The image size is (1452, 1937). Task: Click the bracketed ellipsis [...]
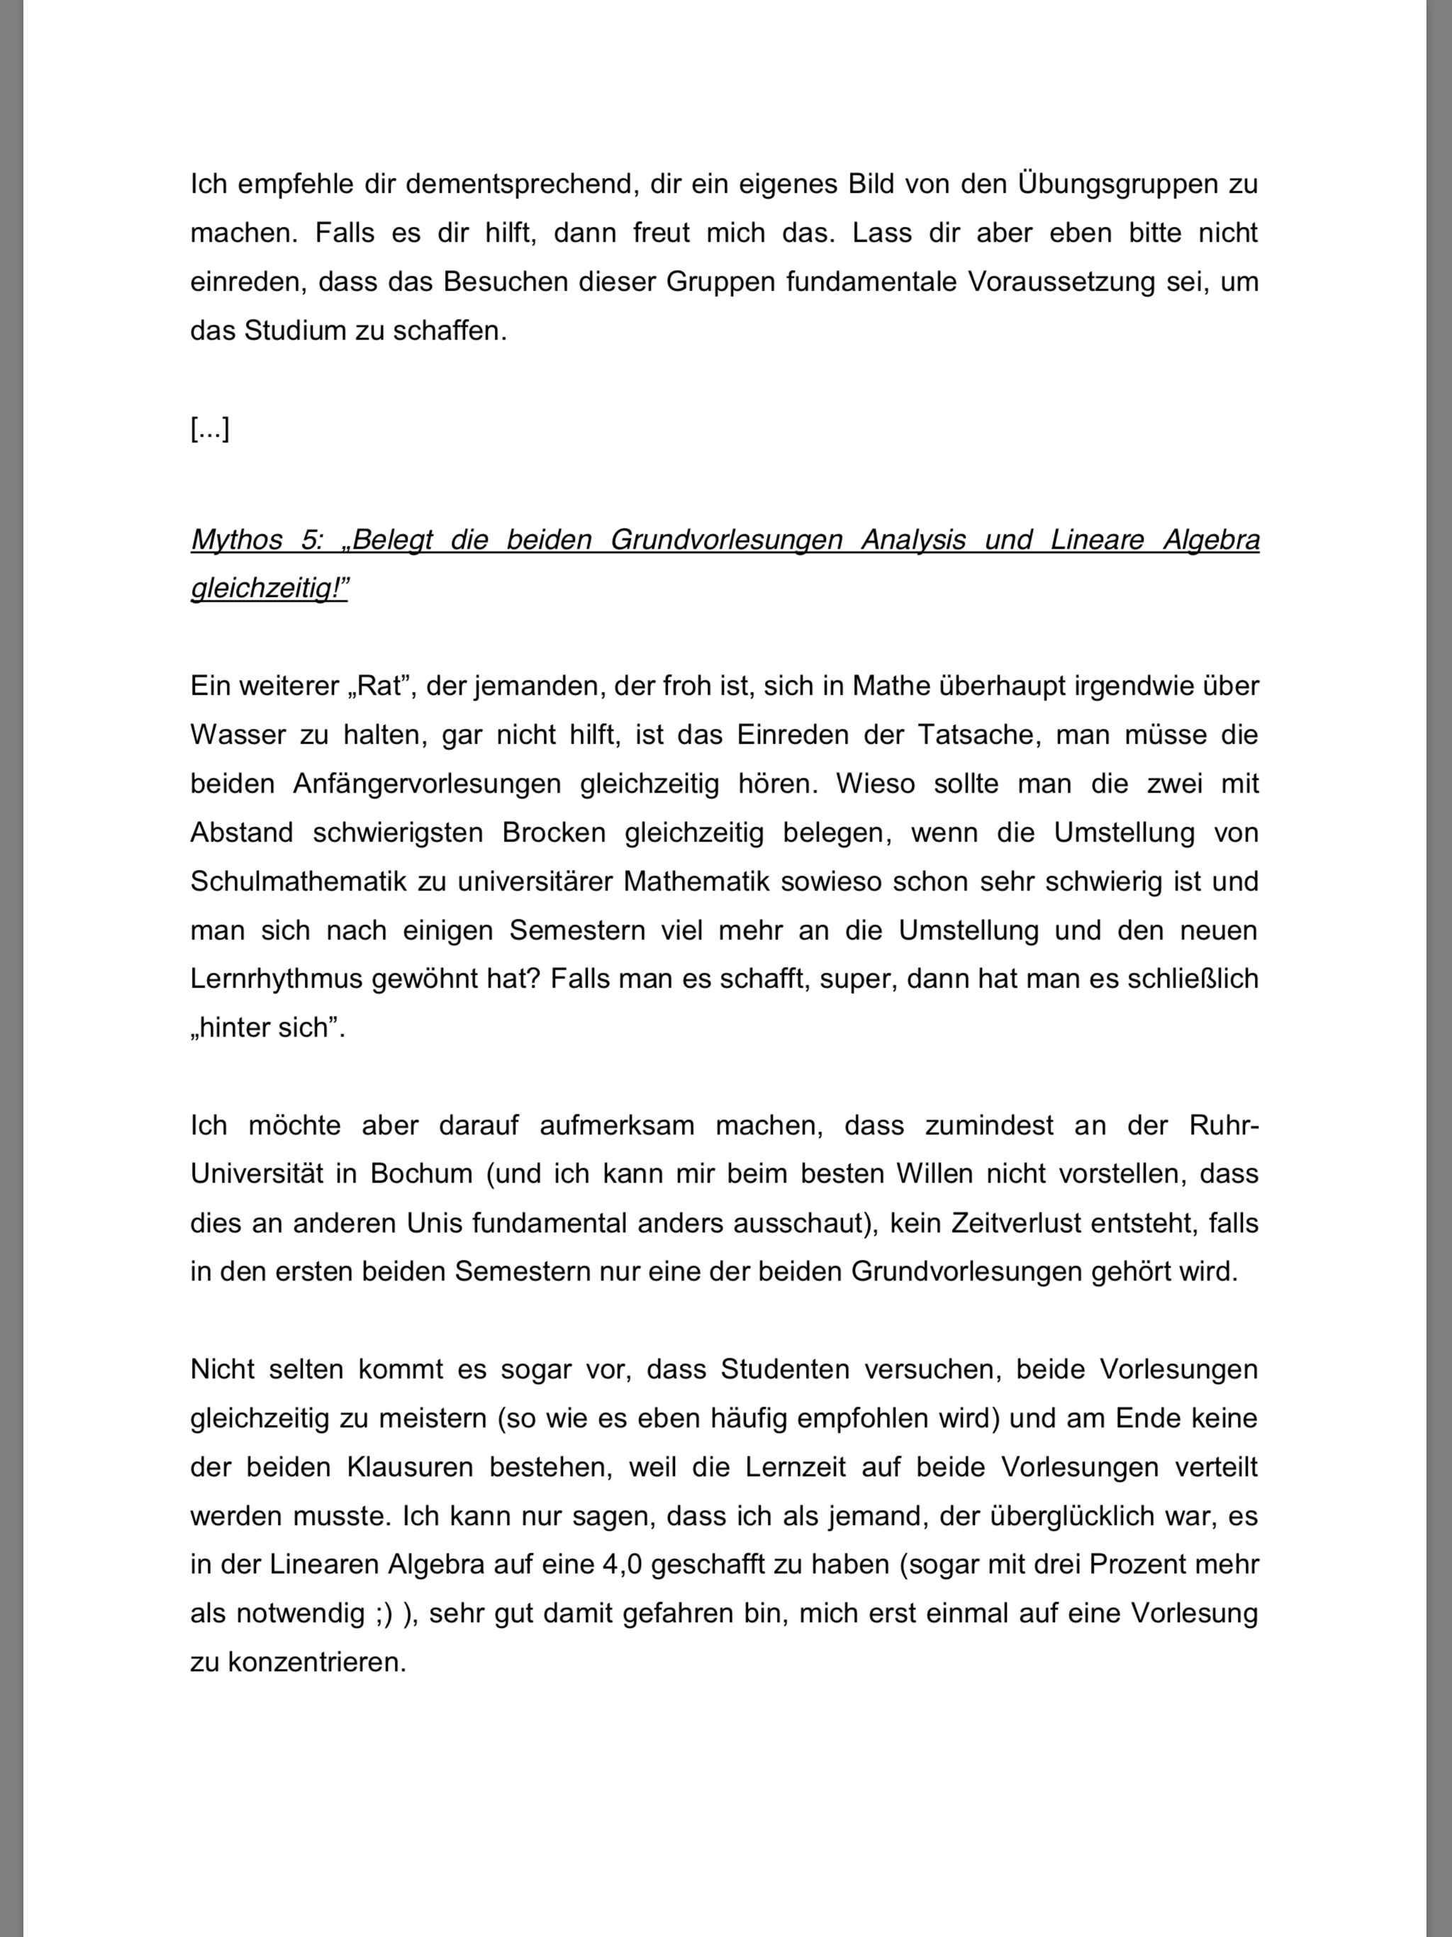click(210, 429)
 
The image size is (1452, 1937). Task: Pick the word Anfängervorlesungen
click(427, 783)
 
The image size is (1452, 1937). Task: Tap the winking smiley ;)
click(382, 1613)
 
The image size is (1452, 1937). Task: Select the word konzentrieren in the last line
click(317, 1662)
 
